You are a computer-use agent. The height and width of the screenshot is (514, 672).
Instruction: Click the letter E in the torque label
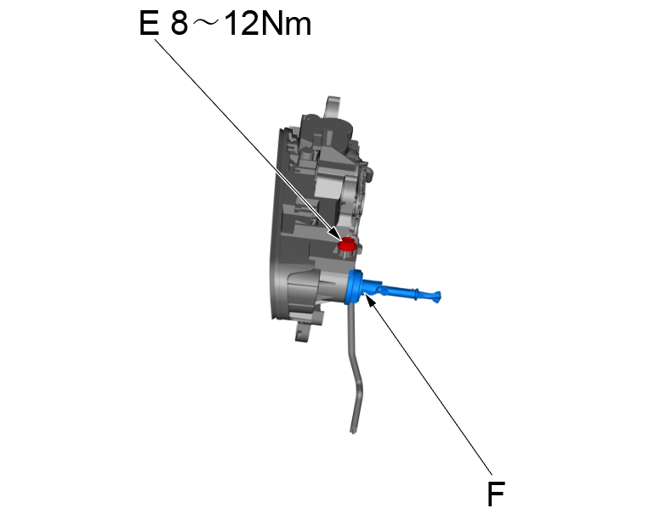point(149,25)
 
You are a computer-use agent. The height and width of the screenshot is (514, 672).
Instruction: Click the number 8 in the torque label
point(179,25)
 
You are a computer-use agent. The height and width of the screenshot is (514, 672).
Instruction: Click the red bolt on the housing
point(346,246)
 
